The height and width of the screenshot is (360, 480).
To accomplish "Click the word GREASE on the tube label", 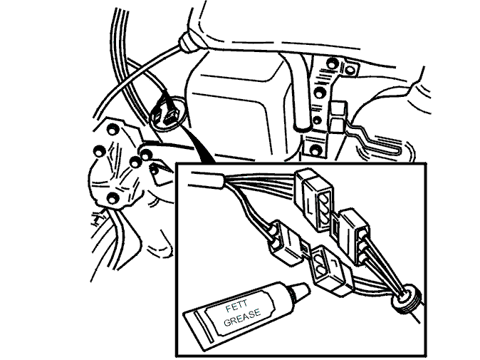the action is click(242, 318).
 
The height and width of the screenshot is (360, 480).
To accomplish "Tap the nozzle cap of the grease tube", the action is click(300, 291).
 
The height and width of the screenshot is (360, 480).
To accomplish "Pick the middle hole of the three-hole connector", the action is click(325, 210).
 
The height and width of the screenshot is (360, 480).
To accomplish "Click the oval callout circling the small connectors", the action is click(168, 113).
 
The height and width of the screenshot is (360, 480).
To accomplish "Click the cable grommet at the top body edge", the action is click(189, 42).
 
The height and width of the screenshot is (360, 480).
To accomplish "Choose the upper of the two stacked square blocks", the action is click(338, 109).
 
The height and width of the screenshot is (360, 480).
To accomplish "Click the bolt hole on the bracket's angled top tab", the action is click(349, 70).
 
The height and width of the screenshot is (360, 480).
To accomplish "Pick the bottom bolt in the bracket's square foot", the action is click(315, 150).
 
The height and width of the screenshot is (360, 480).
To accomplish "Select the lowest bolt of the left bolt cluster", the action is click(113, 198).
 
